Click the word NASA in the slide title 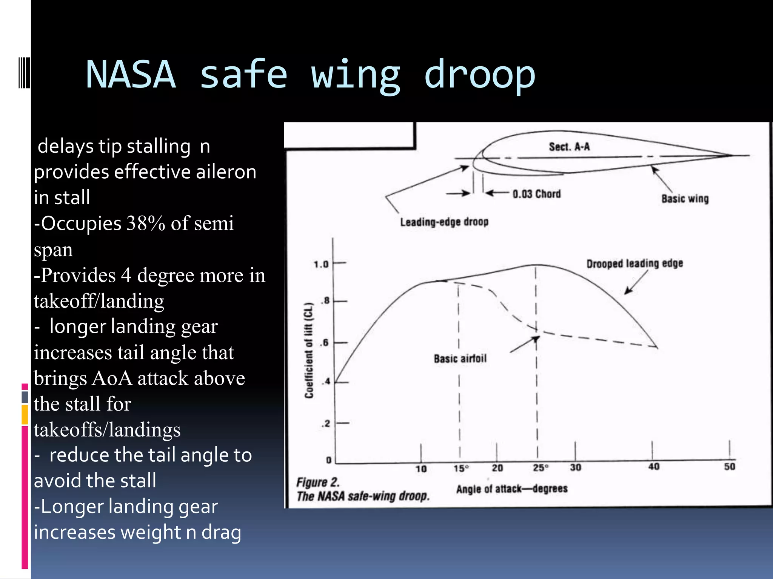click(131, 75)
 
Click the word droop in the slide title click(479, 75)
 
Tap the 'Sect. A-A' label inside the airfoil click(569, 147)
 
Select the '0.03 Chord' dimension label click(536, 194)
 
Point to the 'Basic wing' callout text click(685, 199)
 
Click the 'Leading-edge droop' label click(444, 222)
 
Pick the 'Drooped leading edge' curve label click(634, 263)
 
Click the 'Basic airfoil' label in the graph click(460, 358)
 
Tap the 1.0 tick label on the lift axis click(321, 264)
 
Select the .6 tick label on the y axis click(325, 343)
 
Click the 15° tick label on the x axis click(461, 469)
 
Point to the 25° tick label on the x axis click(540, 468)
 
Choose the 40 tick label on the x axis click(654, 467)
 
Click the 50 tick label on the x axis click(729, 467)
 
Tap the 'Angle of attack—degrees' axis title click(511, 489)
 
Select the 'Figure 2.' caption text click(318, 482)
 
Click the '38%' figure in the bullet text click(146, 224)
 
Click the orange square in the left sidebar click(25, 415)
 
